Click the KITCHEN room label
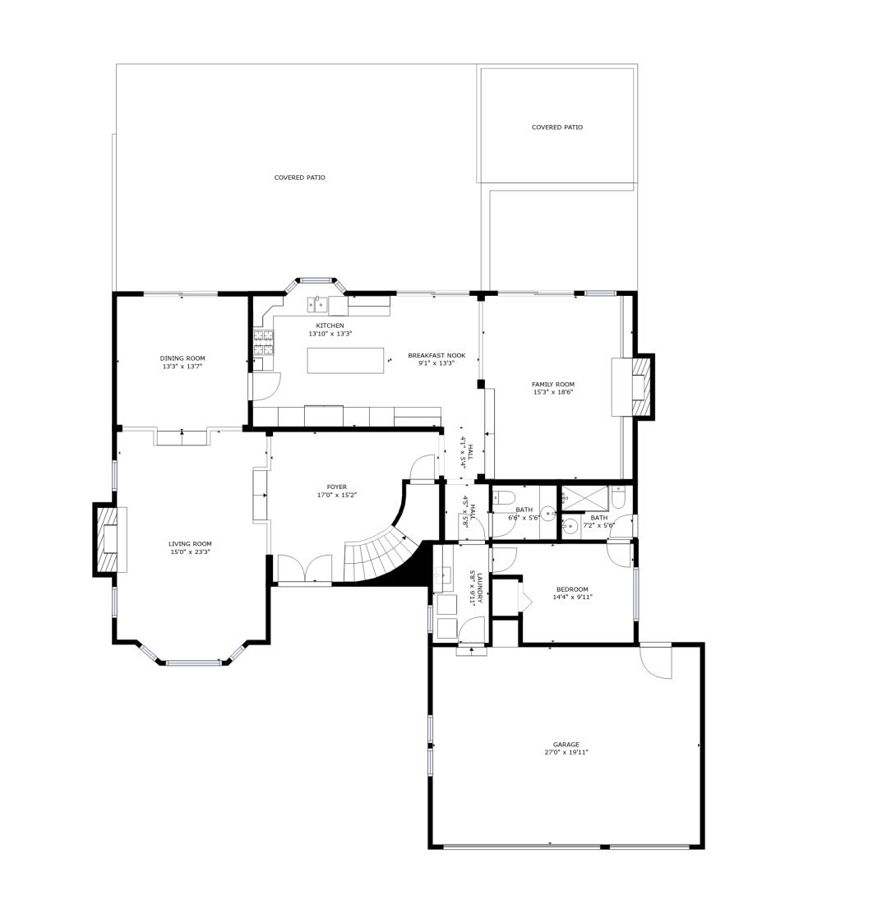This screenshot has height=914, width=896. point(330,325)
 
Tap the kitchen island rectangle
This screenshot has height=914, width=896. point(346,360)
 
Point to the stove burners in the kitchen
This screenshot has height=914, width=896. point(264,343)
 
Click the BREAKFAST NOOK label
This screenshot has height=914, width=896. point(436,355)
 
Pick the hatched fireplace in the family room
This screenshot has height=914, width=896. point(640,386)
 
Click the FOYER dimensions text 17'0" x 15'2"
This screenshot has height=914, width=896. point(337,495)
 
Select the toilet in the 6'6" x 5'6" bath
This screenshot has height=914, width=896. point(502,498)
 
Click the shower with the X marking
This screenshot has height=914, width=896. point(584,498)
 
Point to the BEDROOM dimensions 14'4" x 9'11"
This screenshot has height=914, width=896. point(572,597)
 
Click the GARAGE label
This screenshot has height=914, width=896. point(566,745)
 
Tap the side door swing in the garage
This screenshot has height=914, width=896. point(656,661)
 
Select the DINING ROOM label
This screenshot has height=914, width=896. point(182,358)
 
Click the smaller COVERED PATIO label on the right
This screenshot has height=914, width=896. point(557,127)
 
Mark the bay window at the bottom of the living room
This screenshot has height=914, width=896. point(193,662)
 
